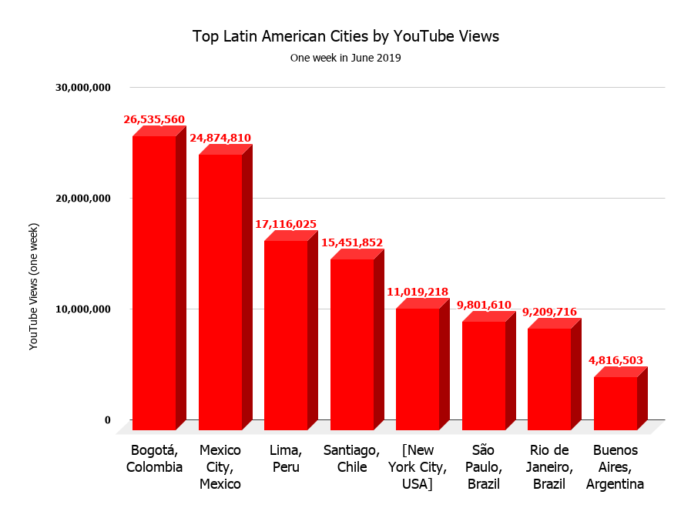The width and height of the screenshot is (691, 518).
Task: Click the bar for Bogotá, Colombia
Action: point(154,282)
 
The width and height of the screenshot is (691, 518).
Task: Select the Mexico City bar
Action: point(220,292)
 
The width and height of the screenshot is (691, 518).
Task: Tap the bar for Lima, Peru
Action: point(286,335)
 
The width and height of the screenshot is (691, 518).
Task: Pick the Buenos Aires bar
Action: point(616,403)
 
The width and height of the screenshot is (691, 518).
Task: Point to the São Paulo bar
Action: point(484,376)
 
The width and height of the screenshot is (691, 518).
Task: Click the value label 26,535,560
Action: point(154,119)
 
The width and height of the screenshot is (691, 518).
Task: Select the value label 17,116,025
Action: point(286,224)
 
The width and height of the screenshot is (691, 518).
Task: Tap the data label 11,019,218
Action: point(418,292)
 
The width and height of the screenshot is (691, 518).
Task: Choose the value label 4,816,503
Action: point(616,359)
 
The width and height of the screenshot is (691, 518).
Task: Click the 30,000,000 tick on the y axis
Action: point(83,88)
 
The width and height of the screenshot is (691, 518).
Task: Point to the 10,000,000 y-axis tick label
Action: point(83,309)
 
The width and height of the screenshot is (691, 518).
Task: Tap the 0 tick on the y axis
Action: point(108,420)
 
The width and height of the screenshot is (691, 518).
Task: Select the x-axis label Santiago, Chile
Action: point(351,459)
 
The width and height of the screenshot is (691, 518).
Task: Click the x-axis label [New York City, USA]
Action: point(417,466)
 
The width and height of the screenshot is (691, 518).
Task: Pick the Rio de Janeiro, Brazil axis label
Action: point(549,466)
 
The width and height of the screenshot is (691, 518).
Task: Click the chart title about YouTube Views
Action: point(346,36)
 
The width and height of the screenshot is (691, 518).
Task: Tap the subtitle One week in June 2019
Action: point(346,58)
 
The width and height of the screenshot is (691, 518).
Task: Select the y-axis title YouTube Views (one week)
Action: point(33,286)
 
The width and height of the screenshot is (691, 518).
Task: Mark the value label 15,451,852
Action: point(351,242)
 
